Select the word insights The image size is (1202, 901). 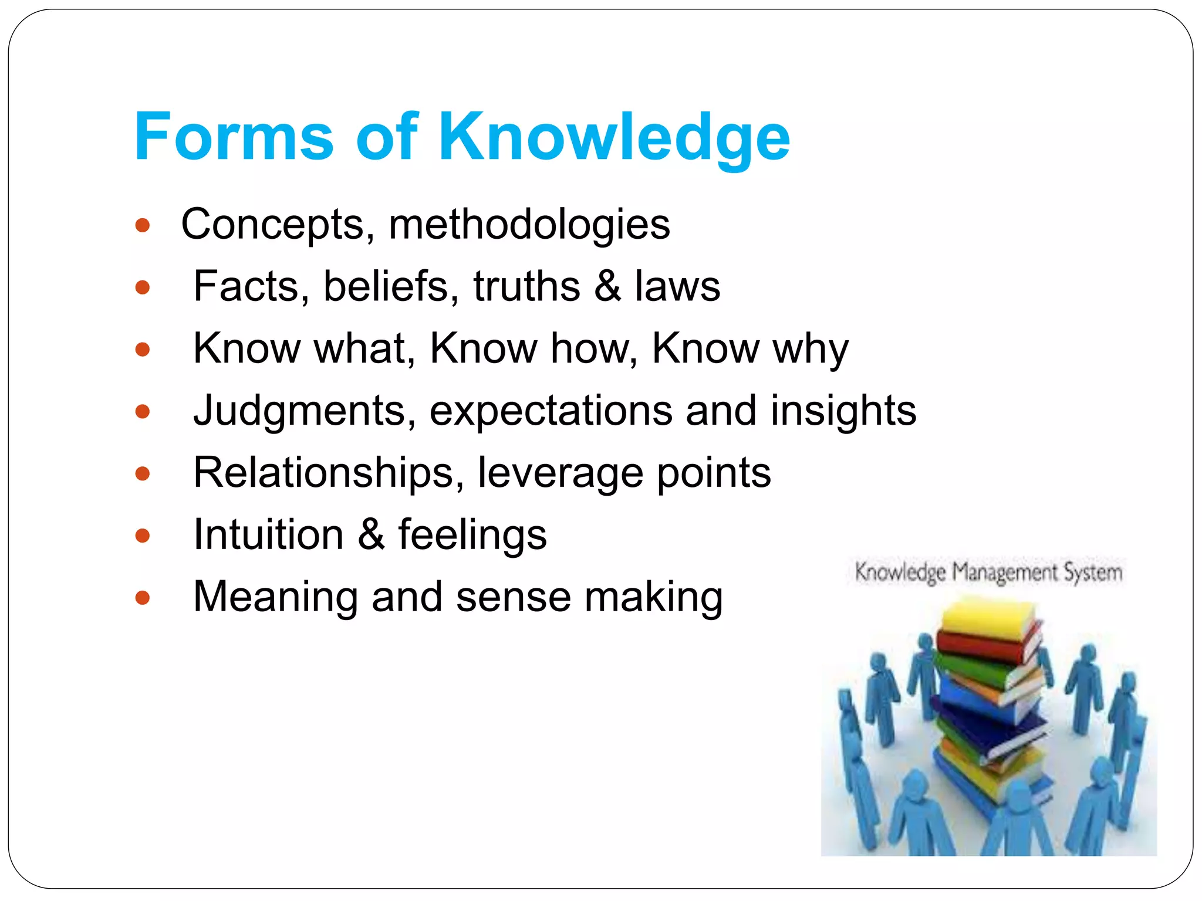(843, 411)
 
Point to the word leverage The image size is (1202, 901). (560, 474)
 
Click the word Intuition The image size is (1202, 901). (268, 534)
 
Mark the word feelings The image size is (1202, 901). (472, 536)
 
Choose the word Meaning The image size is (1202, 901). (275, 597)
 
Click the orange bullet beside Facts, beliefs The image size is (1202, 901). (143, 287)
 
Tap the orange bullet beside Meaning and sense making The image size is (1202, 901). (143, 598)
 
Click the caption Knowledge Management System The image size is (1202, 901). (988, 573)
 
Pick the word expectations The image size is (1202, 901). (551, 411)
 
